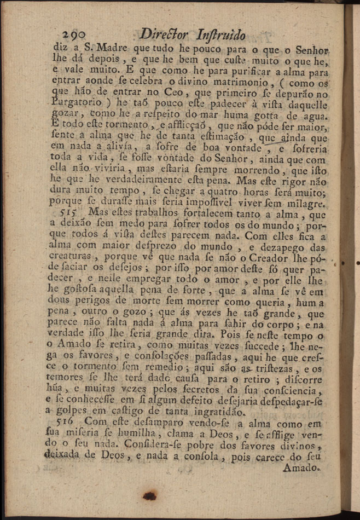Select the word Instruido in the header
[x=219, y=34]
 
